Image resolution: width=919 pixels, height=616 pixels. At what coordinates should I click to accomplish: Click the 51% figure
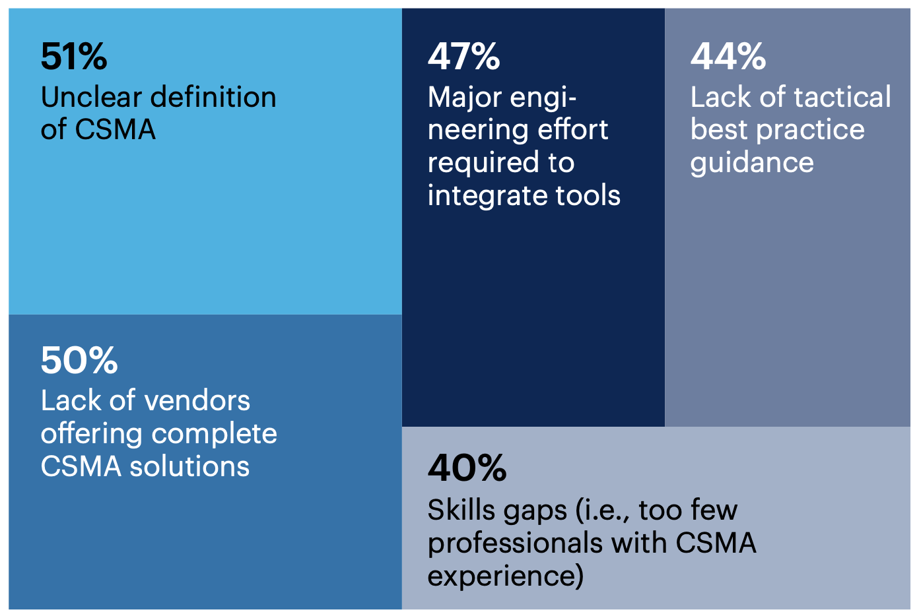point(73,57)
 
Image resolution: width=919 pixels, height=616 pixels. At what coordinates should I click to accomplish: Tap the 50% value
point(79,360)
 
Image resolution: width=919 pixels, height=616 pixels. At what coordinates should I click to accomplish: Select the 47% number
point(463,57)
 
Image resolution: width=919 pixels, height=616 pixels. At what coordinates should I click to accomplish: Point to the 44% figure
point(728,57)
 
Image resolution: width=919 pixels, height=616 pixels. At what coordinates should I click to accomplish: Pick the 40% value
point(467,468)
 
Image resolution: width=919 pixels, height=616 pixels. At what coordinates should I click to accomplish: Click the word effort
point(573,130)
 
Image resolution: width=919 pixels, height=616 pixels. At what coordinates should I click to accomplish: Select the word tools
point(588,196)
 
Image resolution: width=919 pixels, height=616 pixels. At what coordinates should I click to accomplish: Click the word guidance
point(752,163)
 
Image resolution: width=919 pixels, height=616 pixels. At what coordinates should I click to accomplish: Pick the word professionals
point(515,543)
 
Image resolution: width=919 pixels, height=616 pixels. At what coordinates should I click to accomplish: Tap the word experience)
point(506,576)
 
